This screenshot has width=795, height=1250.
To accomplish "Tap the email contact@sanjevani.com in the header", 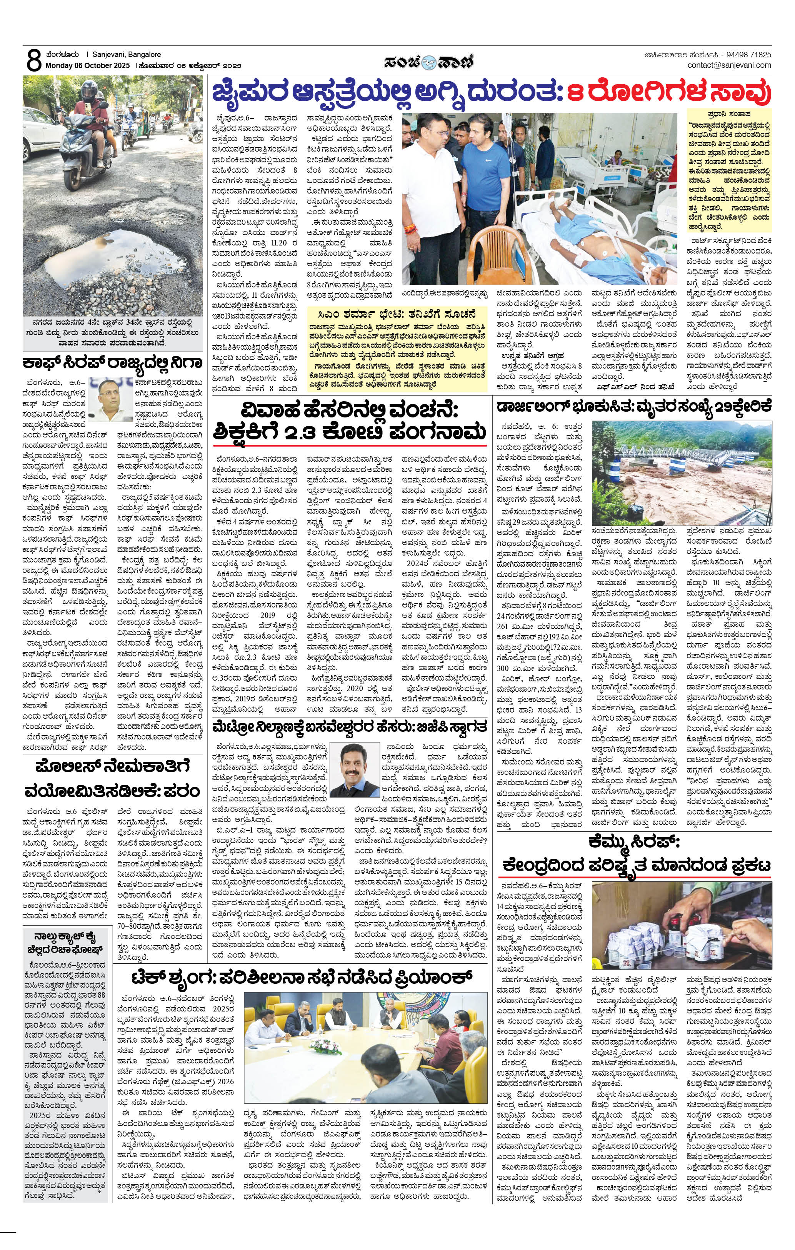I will pos(729,65).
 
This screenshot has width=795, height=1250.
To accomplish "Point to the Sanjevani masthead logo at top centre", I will pos(428,61).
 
